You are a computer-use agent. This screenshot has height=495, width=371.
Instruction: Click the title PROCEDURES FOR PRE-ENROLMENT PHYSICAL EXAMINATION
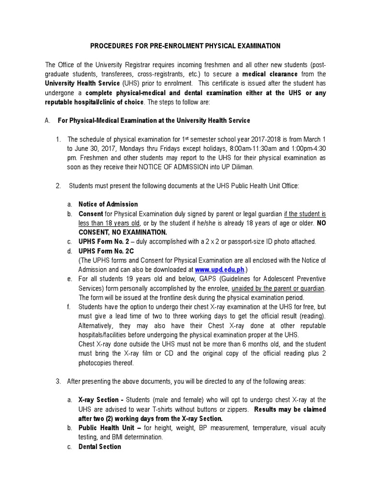[x=185, y=46]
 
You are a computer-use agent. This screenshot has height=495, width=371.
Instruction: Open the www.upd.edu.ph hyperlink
[x=220, y=269]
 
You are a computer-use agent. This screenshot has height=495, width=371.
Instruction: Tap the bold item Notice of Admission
[x=108, y=204]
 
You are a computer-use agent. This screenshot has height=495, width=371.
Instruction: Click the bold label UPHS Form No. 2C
[x=106, y=251]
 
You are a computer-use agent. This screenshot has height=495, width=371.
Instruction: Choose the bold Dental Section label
[x=100, y=446]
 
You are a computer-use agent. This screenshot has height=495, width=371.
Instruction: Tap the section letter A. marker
[x=48, y=120]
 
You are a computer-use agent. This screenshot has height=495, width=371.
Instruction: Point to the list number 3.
[x=58, y=381]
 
